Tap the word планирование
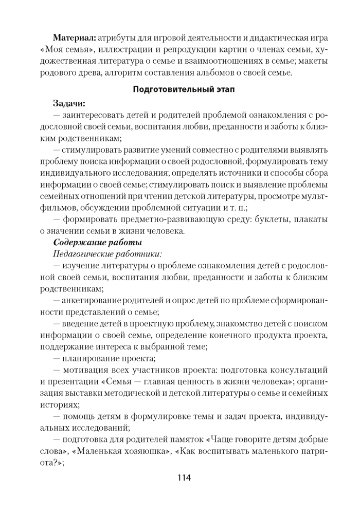click(92, 358)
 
